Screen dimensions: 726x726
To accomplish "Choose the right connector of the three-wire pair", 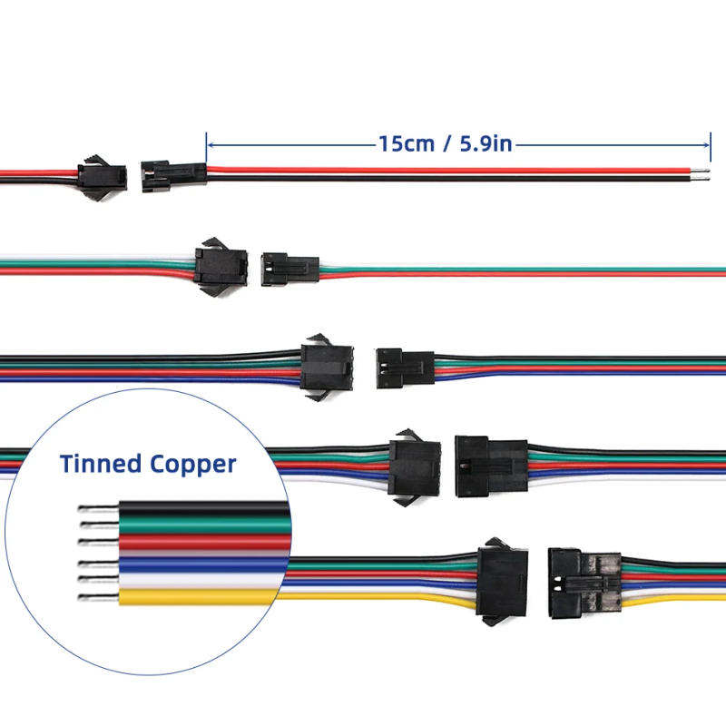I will pos(289,269).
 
